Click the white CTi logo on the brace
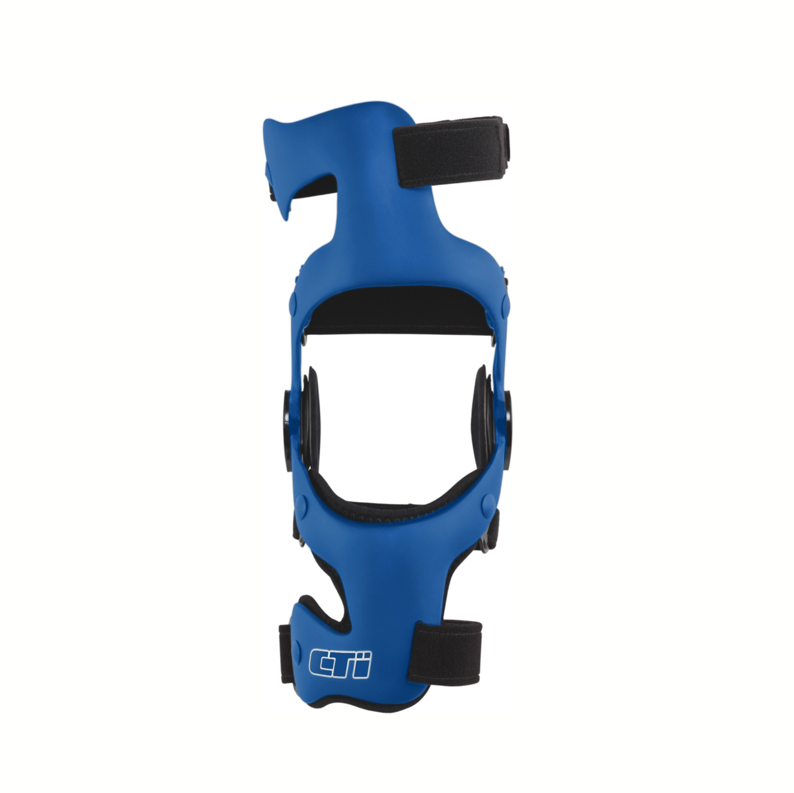[x=340, y=663]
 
